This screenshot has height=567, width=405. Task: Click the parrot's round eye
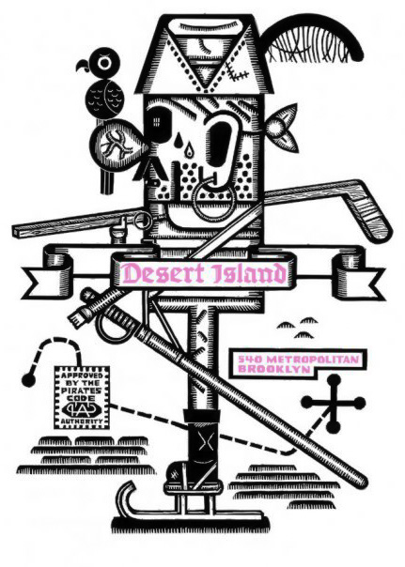(x=105, y=63)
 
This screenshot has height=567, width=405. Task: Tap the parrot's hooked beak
(x=83, y=66)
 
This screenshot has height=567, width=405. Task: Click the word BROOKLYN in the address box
(x=273, y=369)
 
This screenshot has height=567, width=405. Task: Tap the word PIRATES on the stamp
(x=81, y=391)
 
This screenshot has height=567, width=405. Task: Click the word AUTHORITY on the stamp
(x=81, y=421)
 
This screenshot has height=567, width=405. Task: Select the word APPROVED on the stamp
(x=81, y=375)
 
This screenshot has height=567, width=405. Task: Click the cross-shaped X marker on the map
(x=334, y=404)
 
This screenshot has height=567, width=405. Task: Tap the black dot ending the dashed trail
(x=29, y=380)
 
